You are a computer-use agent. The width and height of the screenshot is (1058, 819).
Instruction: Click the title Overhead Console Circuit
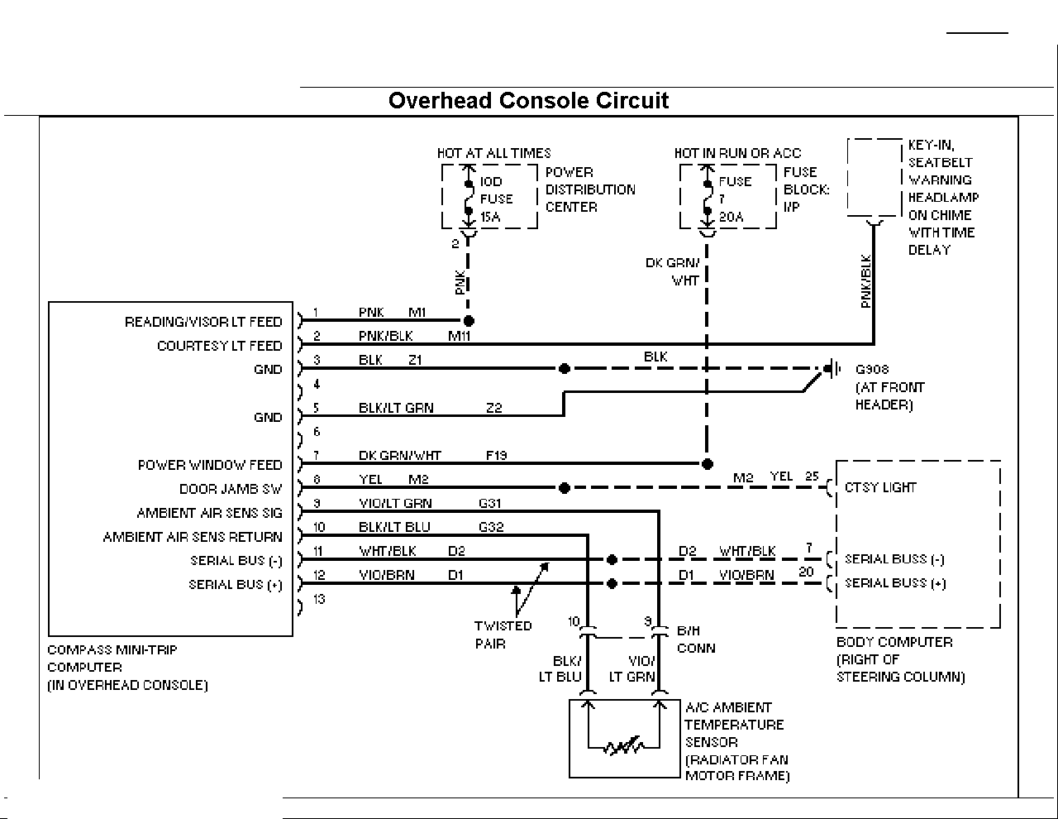[x=528, y=101]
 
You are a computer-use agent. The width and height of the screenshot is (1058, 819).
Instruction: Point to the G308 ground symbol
[x=832, y=369]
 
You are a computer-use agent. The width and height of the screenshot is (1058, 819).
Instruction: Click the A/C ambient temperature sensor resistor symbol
[x=624, y=745]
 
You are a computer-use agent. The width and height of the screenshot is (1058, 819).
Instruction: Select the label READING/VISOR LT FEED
[x=203, y=322]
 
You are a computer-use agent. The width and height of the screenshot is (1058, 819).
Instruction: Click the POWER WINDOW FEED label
[x=210, y=465]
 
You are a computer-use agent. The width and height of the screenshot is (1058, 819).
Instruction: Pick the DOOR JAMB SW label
[x=231, y=489]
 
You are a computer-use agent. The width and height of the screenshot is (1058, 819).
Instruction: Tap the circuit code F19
[x=496, y=456]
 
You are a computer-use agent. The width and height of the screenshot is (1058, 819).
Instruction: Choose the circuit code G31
[x=490, y=503]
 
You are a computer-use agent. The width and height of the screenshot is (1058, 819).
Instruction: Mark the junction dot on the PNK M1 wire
[x=469, y=321]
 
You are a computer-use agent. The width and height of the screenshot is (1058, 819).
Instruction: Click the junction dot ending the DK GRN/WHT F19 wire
[x=708, y=464]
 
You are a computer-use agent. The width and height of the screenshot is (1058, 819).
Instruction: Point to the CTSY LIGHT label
[x=880, y=488]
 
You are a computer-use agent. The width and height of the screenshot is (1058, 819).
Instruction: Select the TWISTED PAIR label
[x=503, y=635]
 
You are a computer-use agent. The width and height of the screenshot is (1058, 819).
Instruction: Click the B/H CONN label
[x=696, y=639]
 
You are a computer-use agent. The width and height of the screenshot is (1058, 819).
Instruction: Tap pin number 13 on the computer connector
[x=319, y=599]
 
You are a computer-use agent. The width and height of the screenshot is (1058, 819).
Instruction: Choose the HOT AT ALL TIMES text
[x=493, y=154]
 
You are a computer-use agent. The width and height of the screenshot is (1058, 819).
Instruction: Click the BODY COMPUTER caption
[x=894, y=642]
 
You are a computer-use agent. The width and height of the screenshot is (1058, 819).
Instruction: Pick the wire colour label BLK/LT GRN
[x=396, y=408]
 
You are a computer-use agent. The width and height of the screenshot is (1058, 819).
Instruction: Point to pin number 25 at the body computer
[x=812, y=476]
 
